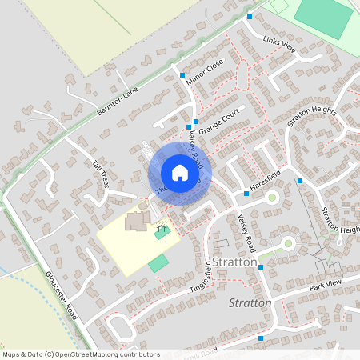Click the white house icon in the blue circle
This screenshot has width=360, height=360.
click(180, 173)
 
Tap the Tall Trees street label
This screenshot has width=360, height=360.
click(100, 174)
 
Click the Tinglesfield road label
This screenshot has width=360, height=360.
click(201, 277)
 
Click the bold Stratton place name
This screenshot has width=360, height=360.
click(235, 262)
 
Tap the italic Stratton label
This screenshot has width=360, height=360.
click(250, 303)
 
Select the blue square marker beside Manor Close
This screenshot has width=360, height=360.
click(182, 74)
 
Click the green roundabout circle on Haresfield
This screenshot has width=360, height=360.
click(271, 197)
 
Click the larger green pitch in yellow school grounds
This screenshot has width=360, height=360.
click(158, 262)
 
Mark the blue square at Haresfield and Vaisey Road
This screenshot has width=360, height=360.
click(246, 194)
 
